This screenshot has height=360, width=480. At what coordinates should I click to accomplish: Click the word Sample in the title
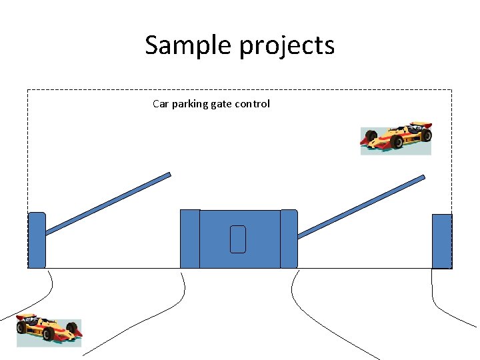183,45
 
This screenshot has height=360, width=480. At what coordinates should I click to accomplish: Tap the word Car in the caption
161,104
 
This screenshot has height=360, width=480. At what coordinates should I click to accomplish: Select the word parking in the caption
191,104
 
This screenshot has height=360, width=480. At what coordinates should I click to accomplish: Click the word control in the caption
252,104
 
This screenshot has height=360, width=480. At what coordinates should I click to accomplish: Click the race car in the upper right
396,139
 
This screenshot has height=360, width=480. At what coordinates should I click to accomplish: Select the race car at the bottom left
49,330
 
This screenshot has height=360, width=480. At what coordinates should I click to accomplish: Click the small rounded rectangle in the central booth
238,239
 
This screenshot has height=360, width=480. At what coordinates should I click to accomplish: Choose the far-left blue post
37,240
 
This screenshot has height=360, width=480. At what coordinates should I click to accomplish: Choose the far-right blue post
442,241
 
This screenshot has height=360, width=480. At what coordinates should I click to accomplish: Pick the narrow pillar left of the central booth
190,239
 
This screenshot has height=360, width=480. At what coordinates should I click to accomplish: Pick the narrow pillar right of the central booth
289,239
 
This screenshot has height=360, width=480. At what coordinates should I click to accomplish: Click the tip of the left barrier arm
169,175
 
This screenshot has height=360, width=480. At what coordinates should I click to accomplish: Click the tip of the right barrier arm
423,177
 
